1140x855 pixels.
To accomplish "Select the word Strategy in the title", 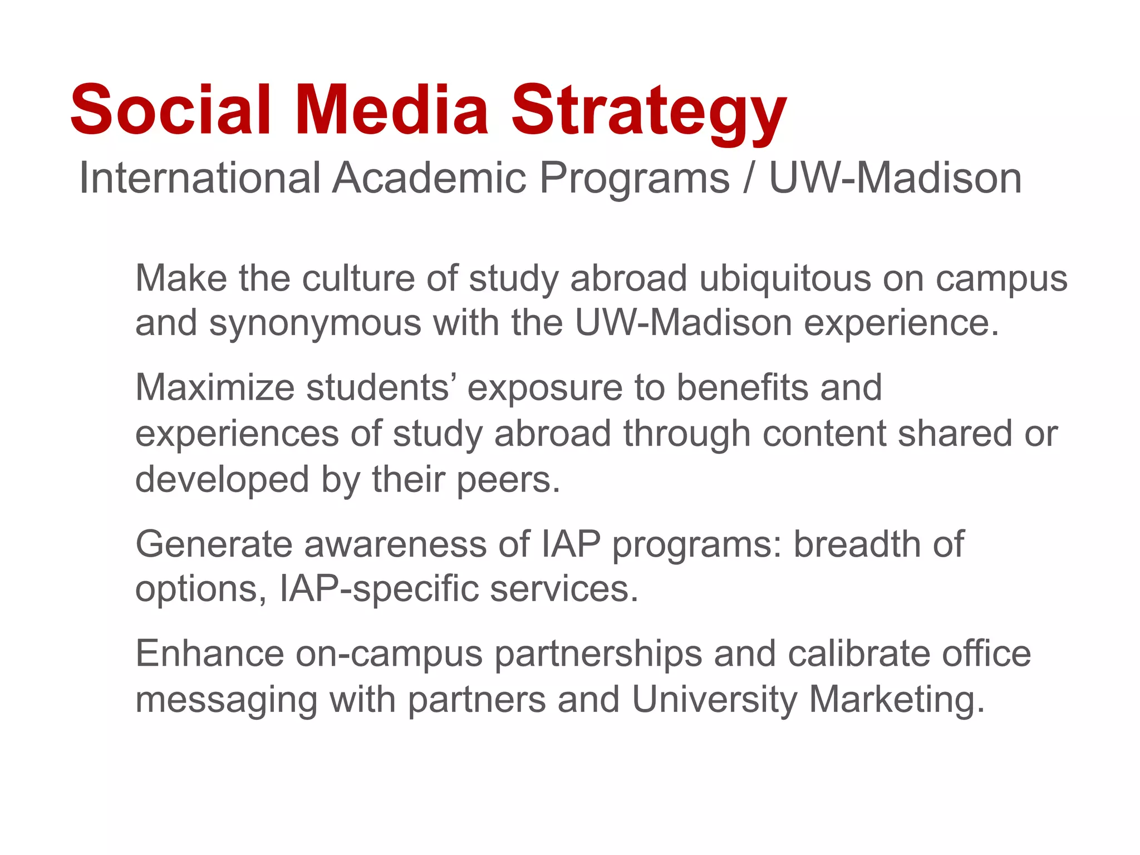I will [649, 114].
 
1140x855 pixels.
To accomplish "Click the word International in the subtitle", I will [200, 178].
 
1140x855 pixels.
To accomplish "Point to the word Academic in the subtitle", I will [429, 178].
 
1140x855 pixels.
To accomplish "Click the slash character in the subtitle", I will [749, 178].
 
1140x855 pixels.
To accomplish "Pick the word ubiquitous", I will [785, 279].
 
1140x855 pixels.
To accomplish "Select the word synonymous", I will [315, 324].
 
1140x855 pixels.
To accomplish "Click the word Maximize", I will [215, 387].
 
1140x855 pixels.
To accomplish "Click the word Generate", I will [214, 544].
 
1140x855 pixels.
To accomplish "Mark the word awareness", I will [395, 544].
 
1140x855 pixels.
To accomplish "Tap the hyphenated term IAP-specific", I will [379, 589].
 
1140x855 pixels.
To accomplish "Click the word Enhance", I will [209, 653].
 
